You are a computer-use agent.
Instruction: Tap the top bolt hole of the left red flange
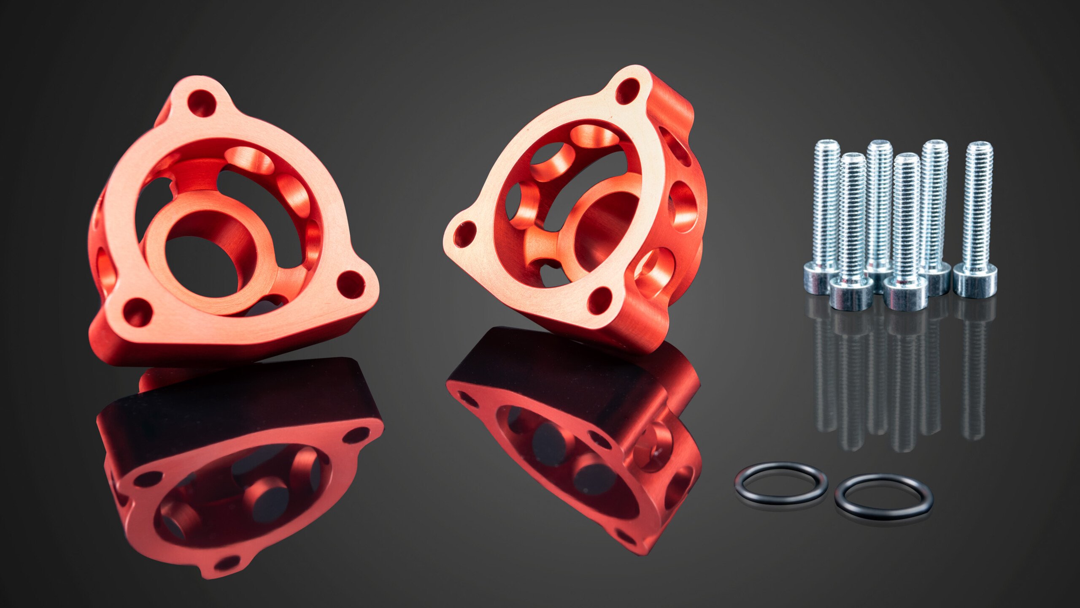click(x=202, y=103)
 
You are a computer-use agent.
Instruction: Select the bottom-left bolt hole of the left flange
click(x=137, y=312)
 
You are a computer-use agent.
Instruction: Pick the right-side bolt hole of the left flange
click(x=351, y=285)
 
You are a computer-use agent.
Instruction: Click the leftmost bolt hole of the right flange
click(x=464, y=234)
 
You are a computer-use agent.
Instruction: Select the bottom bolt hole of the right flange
click(x=599, y=300)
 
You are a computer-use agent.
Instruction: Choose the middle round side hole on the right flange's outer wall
click(x=683, y=207)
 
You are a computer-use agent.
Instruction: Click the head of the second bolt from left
click(x=851, y=294)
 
